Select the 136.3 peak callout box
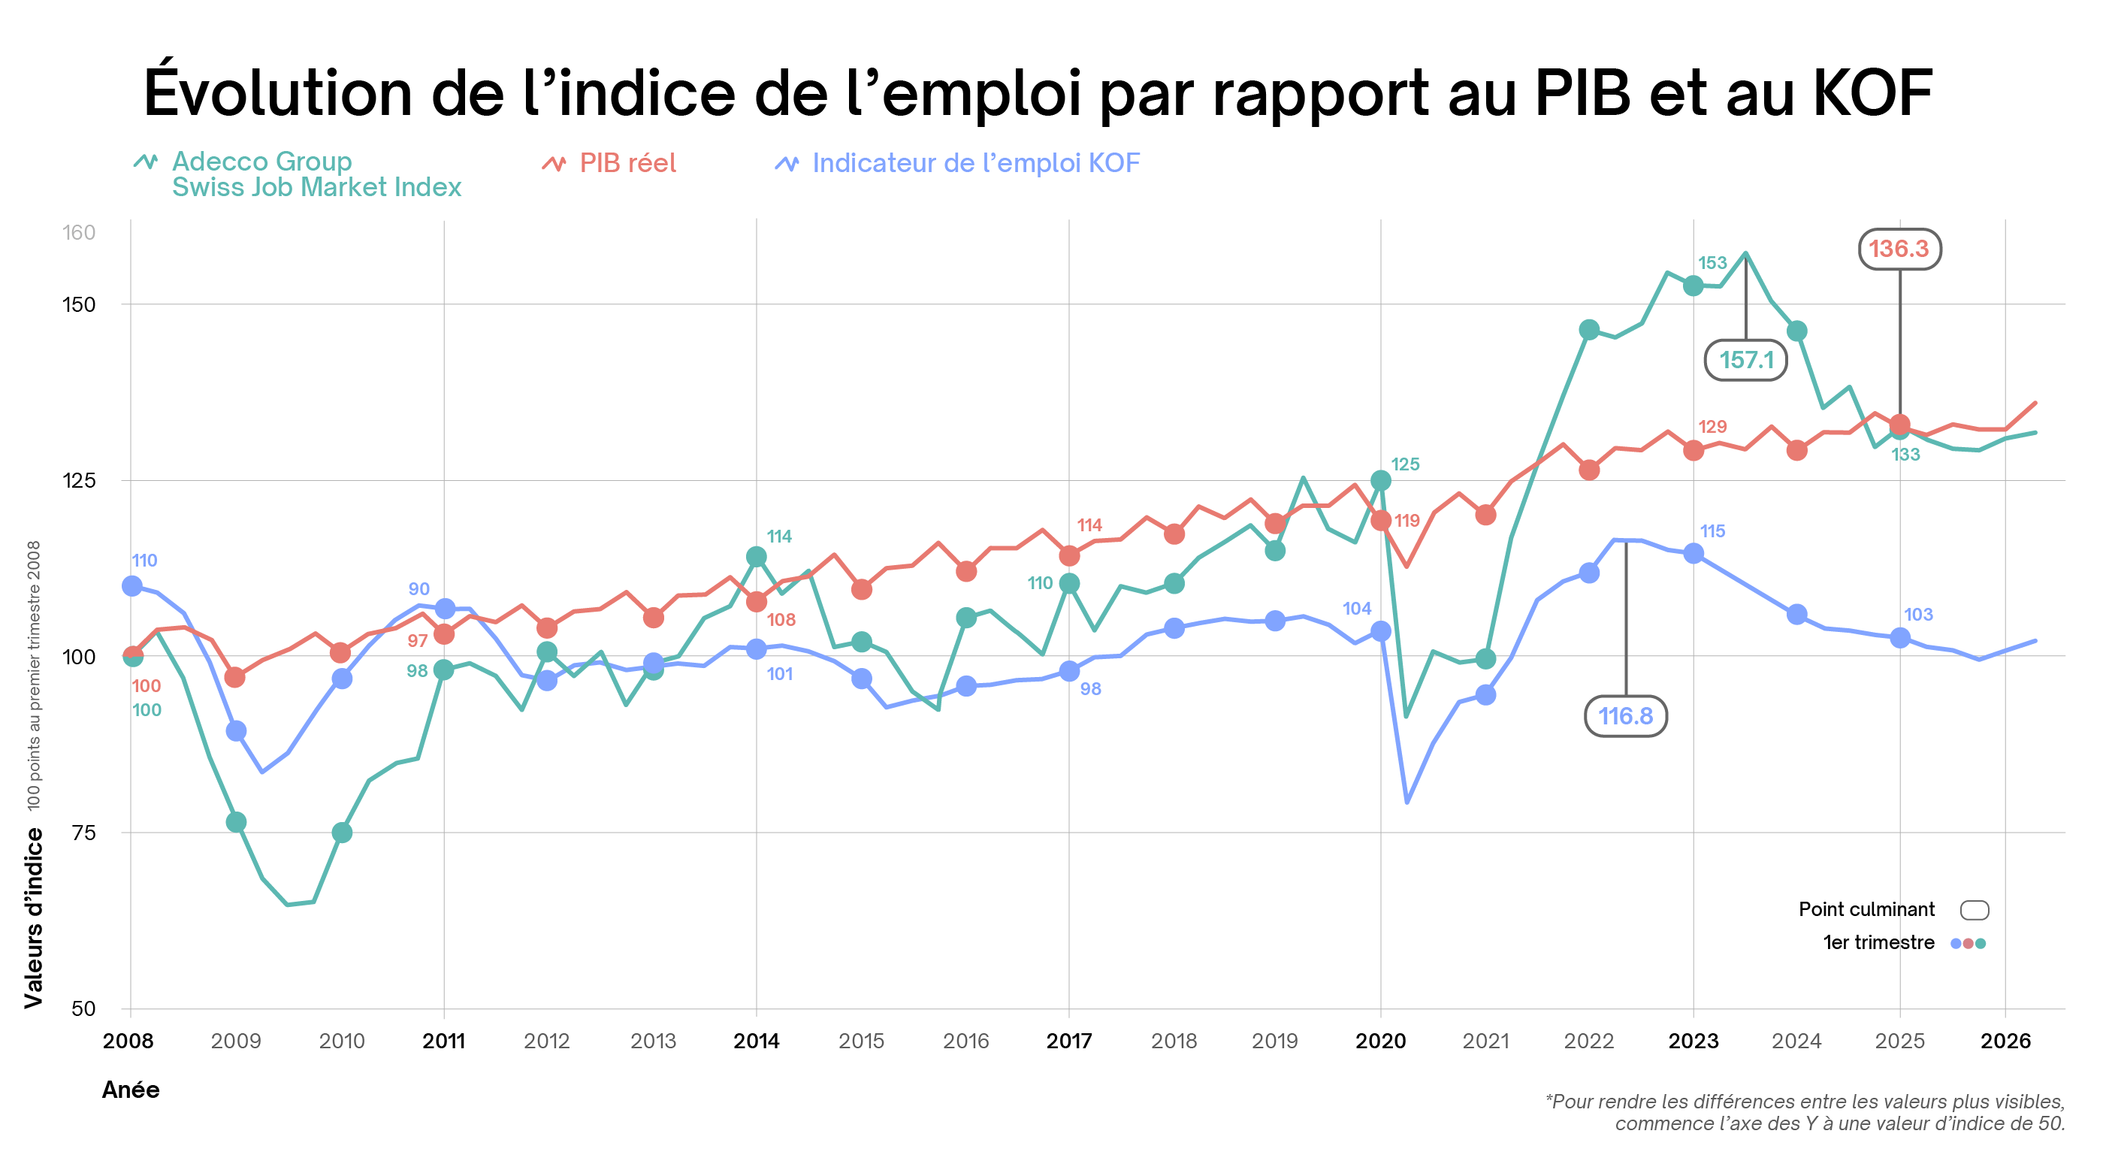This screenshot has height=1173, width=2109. point(1899,249)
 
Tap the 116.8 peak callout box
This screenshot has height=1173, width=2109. point(1625,716)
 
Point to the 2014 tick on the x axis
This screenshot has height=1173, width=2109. point(756,1041)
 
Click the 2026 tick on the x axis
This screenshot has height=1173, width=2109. point(2005,1041)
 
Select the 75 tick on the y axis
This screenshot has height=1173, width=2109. point(83,833)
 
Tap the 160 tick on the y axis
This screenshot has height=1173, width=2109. point(80,232)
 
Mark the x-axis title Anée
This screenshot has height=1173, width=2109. point(131,1090)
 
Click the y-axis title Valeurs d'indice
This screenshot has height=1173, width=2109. point(33,918)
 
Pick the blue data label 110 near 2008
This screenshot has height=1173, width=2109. point(144,561)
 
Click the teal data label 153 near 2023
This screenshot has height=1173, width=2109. point(1712,263)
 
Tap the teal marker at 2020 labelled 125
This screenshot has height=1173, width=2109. point(1380,480)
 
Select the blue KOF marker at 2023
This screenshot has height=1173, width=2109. point(1693,554)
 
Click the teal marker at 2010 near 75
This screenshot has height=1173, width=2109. point(342,833)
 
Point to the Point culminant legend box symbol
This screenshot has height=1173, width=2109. point(1974,909)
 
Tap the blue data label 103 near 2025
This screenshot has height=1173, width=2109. point(1917,615)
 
